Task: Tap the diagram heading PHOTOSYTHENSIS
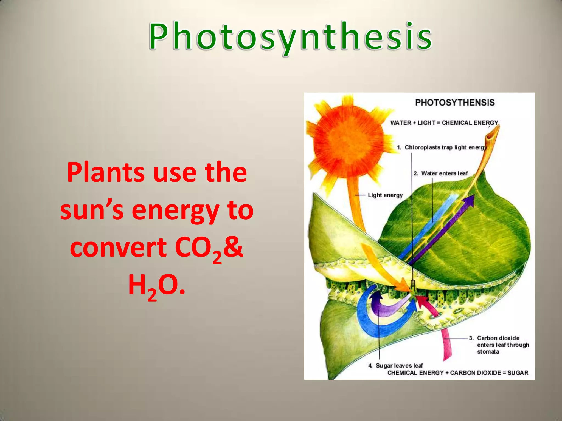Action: [455, 103]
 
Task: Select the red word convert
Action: [118, 247]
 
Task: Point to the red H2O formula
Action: [156, 286]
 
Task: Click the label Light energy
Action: [385, 195]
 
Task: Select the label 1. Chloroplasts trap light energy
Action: [442, 147]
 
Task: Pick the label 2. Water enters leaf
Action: [440, 173]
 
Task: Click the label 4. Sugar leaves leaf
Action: [395, 365]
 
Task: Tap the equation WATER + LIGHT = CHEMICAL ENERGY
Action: [444, 123]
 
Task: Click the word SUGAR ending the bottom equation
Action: [518, 373]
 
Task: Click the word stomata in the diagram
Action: [488, 352]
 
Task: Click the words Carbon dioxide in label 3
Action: [498, 338]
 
